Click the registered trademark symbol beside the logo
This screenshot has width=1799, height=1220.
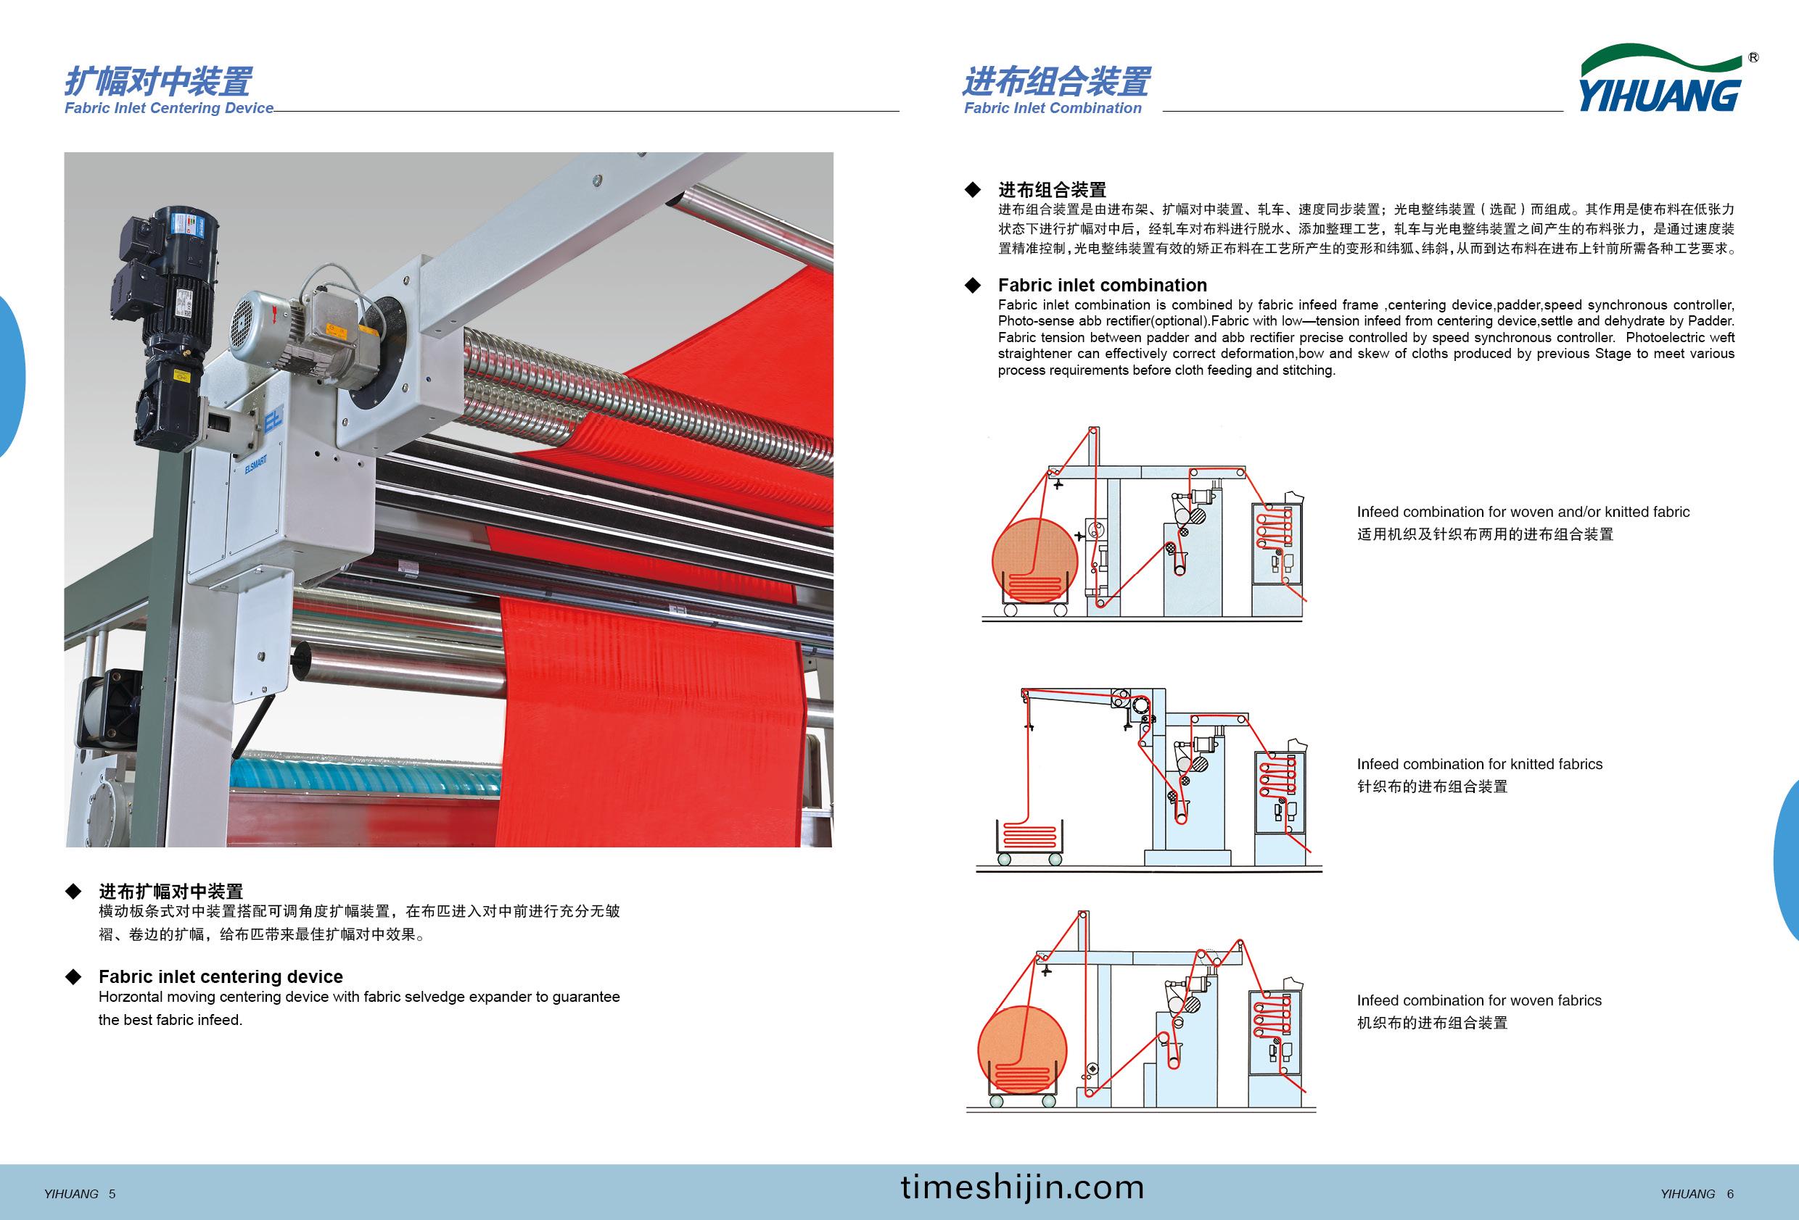pos(1753,57)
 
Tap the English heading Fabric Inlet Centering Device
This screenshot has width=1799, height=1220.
pos(169,108)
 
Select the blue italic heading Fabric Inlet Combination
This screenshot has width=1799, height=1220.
pos(1053,108)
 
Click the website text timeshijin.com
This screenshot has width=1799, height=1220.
pos(1022,1187)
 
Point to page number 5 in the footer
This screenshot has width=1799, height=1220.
pos(112,1194)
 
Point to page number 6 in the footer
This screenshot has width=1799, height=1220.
pos(1730,1194)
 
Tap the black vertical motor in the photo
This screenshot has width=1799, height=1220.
pos(162,325)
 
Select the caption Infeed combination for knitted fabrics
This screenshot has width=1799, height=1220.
pos(1479,764)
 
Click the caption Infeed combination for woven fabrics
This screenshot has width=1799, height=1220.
pos(1478,1000)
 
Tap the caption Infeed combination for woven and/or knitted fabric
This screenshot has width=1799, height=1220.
pos(1523,512)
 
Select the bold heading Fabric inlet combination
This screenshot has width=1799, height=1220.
pos(1103,286)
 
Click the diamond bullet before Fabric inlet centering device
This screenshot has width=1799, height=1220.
pos(73,977)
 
